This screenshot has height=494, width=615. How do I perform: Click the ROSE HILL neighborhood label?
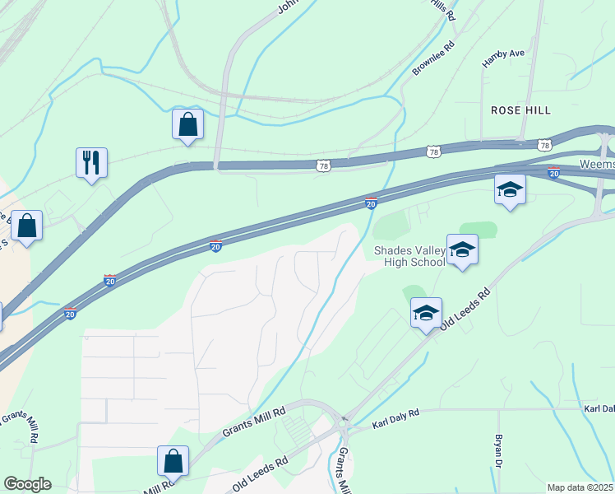[x=520, y=110]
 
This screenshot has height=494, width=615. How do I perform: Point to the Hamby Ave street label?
[x=503, y=55]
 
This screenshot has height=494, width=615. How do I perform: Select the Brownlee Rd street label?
[x=432, y=58]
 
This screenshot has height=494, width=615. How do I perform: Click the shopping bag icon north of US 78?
[x=187, y=124]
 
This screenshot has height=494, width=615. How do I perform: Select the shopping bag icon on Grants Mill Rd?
[x=173, y=461]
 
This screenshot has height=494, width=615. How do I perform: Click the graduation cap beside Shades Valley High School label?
[x=462, y=249]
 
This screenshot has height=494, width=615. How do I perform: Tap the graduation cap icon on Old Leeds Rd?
[x=426, y=313]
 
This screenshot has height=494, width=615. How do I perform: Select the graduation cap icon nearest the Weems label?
[x=510, y=189]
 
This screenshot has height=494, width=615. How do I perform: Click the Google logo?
[x=27, y=484]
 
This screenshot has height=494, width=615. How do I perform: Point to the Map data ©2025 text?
[x=580, y=487]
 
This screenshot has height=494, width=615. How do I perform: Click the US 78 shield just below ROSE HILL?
[x=544, y=145]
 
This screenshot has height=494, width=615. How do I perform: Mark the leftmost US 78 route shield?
[x=324, y=166]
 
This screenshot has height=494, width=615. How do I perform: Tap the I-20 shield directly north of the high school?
[x=371, y=203]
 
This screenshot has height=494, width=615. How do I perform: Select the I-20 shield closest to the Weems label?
[x=554, y=172]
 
